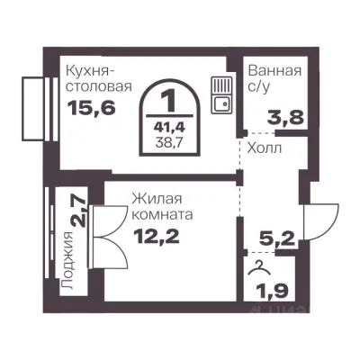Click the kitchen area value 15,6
click(86, 106)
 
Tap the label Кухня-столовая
click(99, 78)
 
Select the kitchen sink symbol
click(220, 93)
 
